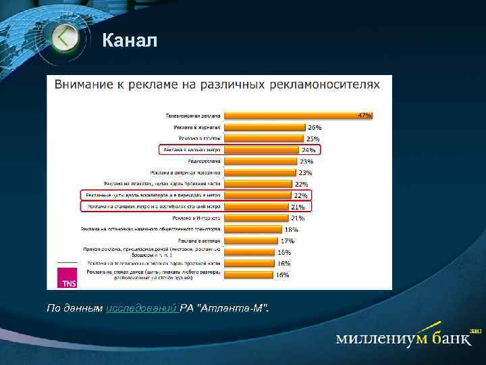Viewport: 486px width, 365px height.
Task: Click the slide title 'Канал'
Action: [x=130, y=42]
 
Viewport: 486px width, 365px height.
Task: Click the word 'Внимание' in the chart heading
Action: [x=84, y=84]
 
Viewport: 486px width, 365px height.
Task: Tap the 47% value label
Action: [x=364, y=116]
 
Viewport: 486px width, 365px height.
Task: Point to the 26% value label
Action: [x=315, y=127]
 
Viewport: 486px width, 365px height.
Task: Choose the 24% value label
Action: [x=308, y=149]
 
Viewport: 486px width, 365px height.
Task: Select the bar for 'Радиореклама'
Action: [x=260, y=161]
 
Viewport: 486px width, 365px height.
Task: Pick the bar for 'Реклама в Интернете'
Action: [x=257, y=218]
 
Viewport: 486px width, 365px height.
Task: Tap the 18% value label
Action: [x=292, y=229]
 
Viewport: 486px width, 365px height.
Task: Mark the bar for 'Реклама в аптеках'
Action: [x=251, y=240]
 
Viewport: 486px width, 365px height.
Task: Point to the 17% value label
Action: [x=288, y=241]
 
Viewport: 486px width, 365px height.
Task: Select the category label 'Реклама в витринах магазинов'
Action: [x=189, y=172]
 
